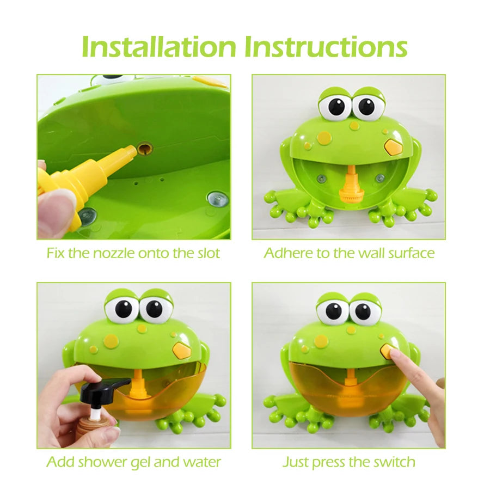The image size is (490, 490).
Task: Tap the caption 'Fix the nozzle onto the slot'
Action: point(133,253)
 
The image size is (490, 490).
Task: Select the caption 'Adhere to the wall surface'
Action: point(349,253)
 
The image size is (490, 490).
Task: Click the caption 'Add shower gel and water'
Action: point(133,462)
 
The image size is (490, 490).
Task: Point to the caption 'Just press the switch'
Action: point(349,462)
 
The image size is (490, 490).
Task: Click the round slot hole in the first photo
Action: point(145,148)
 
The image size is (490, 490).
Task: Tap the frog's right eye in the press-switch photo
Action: point(361,313)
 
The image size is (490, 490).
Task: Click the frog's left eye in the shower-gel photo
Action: point(123,309)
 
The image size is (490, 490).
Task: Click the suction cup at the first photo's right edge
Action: point(217,199)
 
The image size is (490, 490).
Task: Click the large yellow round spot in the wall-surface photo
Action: point(324,137)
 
